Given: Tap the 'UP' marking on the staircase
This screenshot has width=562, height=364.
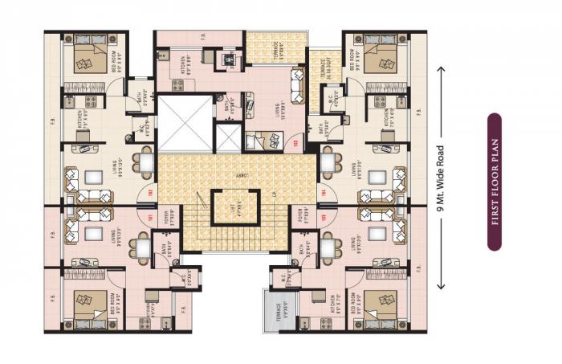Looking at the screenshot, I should click(x=275, y=194).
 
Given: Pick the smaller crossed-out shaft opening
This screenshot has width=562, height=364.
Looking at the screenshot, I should click(x=229, y=139).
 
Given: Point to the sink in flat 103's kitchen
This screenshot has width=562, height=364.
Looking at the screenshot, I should click(x=162, y=55).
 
